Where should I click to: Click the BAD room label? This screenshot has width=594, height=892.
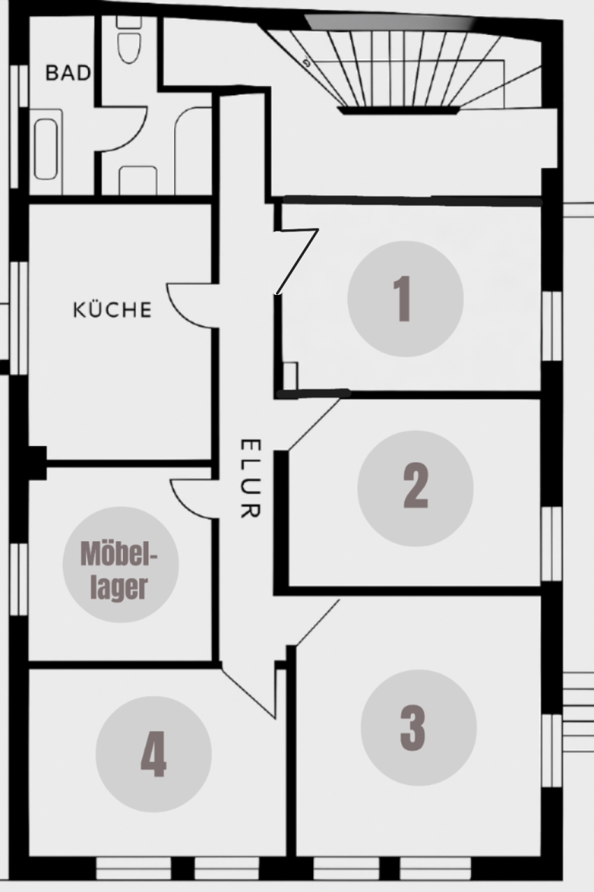[x=67, y=73]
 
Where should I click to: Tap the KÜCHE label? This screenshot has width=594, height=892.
[x=113, y=310]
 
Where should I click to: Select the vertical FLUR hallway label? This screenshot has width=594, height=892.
[x=250, y=479]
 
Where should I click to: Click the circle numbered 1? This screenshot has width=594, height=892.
[x=405, y=299]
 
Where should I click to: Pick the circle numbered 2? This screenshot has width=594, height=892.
[x=415, y=488]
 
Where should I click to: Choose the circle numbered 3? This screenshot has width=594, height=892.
[x=418, y=728]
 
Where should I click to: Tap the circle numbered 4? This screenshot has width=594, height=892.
[x=153, y=754]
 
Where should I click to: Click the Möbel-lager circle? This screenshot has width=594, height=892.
[x=121, y=564]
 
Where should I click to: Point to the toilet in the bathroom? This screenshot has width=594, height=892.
[x=129, y=39]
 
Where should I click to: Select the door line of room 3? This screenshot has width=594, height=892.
[x=317, y=623]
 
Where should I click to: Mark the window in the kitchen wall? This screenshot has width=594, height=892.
[x=19, y=317]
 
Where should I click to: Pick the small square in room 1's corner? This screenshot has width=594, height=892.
[x=290, y=376]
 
